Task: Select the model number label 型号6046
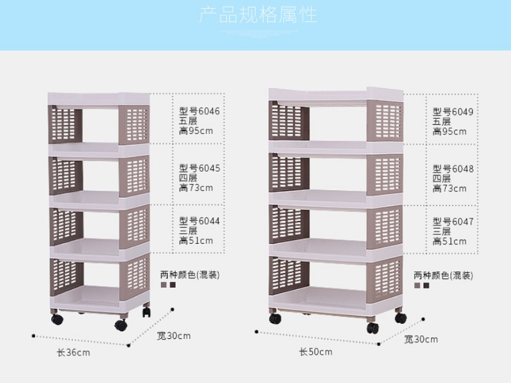[200, 111]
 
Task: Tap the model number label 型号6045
[200, 169]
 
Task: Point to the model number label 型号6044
[200, 220]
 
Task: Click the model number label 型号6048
[453, 169]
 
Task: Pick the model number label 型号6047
[453, 222]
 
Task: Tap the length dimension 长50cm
[316, 351]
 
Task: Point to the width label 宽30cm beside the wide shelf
[421, 339]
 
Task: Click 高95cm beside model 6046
[196, 131]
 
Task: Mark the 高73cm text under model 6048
[449, 189]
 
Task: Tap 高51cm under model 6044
[196, 241]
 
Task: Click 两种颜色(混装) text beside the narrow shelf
[190, 275]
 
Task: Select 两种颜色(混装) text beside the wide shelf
[443, 276]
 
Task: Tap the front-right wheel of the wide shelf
[372, 328]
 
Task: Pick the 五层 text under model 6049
[442, 121]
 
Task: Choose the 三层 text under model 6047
[442, 231]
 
